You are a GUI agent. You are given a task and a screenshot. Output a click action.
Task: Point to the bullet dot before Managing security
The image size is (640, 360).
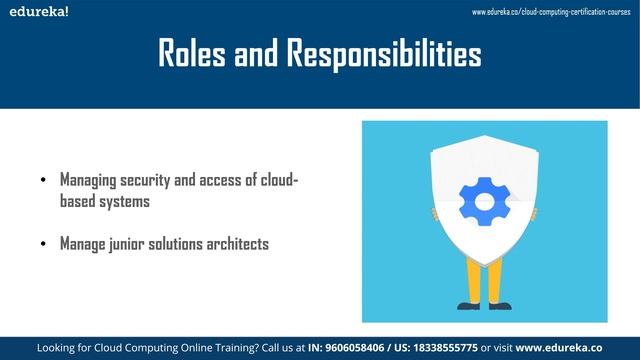point(43,181)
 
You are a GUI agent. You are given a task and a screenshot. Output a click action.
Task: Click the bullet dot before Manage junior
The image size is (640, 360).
point(43,244)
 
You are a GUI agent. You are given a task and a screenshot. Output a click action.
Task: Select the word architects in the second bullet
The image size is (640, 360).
point(234,244)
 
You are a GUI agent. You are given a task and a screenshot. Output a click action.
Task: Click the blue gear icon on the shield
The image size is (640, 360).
point(484,201)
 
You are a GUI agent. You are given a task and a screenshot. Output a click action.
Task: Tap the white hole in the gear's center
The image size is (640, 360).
point(484,201)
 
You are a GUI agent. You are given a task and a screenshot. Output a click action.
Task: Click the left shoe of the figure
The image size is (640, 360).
point(469,305)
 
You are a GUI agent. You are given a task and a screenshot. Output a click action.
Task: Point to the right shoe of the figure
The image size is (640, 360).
point(499,305)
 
